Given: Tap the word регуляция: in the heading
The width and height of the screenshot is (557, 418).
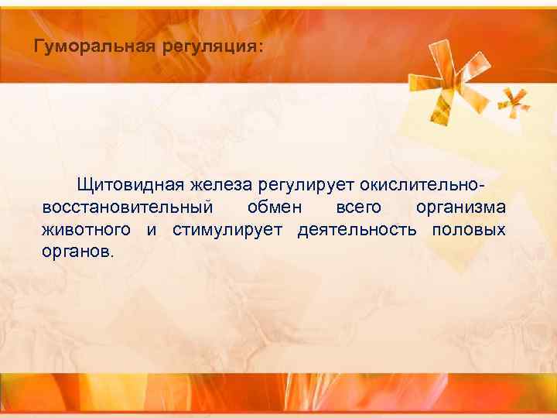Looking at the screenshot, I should pyautogui.click(x=212, y=47).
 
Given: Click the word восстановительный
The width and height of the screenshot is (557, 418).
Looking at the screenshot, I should pyautogui.click(x=127, y=207).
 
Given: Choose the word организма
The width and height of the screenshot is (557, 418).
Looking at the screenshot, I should pyautogui.click(x=460, y=208).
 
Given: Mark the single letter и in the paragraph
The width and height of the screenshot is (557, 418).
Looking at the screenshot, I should pyautogui.click(x=152, y=231).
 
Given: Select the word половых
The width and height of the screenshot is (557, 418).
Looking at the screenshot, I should pyautogui.click(x=469, y=231).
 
